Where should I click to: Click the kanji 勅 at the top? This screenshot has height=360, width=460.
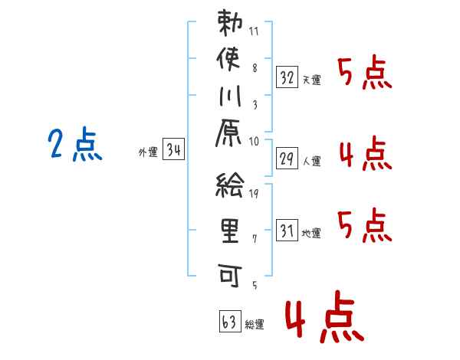pos(231,25)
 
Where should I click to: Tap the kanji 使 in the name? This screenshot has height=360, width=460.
pos(231,60)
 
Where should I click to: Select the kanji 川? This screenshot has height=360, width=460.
pos(231,98)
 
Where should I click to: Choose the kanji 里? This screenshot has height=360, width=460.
pos(231,231)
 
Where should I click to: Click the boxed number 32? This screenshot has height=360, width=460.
pos(287,77)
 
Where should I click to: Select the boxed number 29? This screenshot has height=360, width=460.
pos(287,159)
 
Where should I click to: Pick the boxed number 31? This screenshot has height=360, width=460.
pos(287,230)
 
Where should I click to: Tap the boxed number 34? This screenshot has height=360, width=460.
pos(174,150)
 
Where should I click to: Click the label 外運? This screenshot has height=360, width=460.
pos(148,152)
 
